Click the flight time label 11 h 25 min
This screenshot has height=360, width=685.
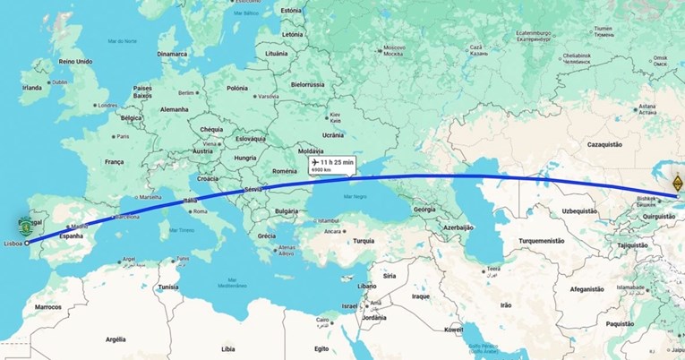click(335, 162)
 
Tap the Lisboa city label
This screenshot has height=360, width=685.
click(13, 243)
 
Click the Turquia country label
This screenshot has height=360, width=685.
click(364, 241)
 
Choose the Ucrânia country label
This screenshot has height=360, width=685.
click(333, 134)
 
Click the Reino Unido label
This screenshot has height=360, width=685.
click(75, 62)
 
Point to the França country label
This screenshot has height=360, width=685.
click(115, 162)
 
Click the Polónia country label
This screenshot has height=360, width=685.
click(237, 88)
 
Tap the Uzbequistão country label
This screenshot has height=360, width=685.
click(548, 210)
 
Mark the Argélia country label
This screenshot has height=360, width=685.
click(116, 339)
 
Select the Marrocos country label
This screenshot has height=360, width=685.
click(47, 306)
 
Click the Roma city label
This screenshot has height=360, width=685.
click(200, 211)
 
